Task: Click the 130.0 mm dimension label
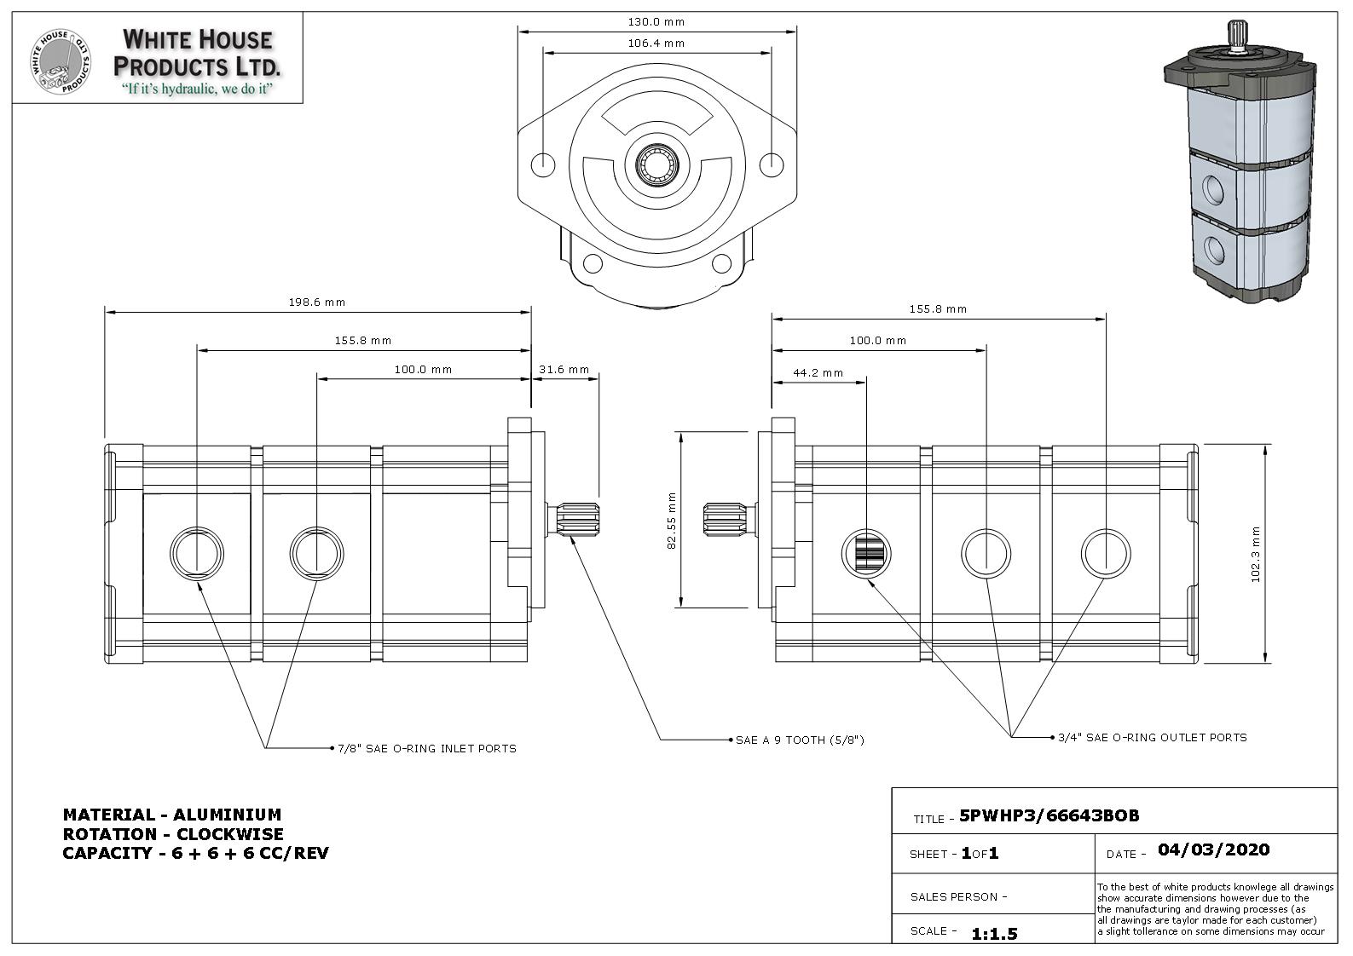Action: tap(656, 22)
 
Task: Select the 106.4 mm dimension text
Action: tap(656, 43)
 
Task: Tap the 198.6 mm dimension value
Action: tap(317, 302)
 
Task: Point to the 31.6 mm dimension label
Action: tap(564, 370)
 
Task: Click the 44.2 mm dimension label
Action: tap(818, 373)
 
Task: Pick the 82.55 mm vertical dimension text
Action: tap(672, 521)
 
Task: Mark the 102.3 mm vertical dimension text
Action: tap(1255, 554)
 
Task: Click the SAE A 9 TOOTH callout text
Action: tap(800, 740)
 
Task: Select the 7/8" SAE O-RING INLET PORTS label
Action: tap(426, 749)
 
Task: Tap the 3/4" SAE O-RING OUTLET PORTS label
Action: tap(1152, 738)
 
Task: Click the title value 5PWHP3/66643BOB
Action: tap(1049, 816)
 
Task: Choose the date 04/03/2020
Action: tap(1213, 849)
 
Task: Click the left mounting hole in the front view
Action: tap(543, 164)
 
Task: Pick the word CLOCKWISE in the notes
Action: tap(229, 834)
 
